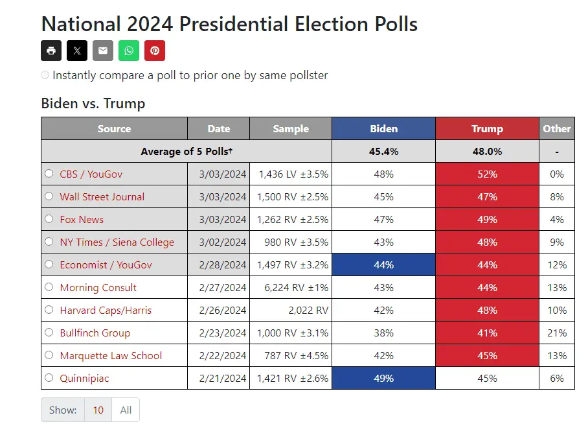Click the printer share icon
[x=51, y=51]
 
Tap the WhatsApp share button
[x=129, y=51]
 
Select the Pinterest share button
[x=155, y=51]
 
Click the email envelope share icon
[x=103, y=51]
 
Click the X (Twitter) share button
[x=77, y=51]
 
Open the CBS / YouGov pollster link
[x=91, y=174]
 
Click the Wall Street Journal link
[x=102, y=196]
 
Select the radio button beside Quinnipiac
[x=49, y=378]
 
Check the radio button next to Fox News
[x=49, y=219]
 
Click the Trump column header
[x=487, y=128]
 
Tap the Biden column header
[x=383, y=128]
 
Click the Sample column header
[x=291, y=128]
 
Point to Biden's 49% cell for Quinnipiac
[x=383, y=378]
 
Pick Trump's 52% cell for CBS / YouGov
[x=487, y=174]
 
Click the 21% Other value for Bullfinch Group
[x=557, y=333]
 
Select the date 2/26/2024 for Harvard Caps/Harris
[x=218, y=310]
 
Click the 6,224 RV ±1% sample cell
[x=292, y=287]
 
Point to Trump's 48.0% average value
[x=487, y=151]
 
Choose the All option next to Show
[x=126, y=410]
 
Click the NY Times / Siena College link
[x=117, y=242]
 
